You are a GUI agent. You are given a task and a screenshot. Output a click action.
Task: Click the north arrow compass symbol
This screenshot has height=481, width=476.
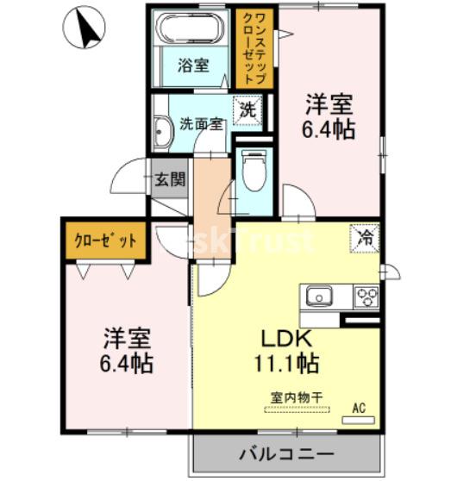pos(84,28)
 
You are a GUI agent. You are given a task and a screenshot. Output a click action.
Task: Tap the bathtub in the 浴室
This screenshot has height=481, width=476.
pos(191,28)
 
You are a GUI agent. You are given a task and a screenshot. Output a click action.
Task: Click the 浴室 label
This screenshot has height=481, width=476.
pos(193,66)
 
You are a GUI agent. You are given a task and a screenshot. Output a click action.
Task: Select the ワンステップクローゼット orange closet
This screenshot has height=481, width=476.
pos(254,48)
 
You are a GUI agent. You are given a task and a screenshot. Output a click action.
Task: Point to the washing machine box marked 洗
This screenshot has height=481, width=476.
pos(247,110)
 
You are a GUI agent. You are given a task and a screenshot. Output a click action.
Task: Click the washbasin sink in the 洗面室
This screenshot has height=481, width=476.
pos(163,133)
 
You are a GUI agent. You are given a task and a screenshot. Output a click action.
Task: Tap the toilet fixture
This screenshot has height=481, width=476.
pos(254,170)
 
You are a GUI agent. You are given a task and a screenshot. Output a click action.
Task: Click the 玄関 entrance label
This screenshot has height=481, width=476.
pos(170,178)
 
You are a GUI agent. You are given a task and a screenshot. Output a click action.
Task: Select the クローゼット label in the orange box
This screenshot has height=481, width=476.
pos(105,240)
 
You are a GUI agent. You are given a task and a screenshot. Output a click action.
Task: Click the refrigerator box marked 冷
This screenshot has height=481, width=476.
pos(365,239)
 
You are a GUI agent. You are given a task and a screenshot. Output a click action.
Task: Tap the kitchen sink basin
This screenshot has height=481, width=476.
pos(319,296)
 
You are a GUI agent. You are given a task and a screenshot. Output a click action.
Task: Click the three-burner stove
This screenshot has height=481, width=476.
pos(366,297)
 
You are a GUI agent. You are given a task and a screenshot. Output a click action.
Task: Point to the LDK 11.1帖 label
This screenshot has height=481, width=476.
pos(286,351)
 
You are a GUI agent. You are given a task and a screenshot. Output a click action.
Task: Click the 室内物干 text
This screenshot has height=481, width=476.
pos(297,398)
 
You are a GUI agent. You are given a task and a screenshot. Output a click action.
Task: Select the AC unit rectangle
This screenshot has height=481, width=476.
pos(359,421)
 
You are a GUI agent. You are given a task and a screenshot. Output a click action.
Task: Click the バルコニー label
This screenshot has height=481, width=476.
pos(286,454)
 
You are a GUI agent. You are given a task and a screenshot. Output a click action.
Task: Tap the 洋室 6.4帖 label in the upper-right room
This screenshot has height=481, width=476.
pos(329,116)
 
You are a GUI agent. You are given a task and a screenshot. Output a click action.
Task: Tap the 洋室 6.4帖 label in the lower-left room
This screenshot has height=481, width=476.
pos(127,351)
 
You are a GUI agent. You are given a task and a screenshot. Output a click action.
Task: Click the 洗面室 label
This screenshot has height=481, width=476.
pos(201,124)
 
